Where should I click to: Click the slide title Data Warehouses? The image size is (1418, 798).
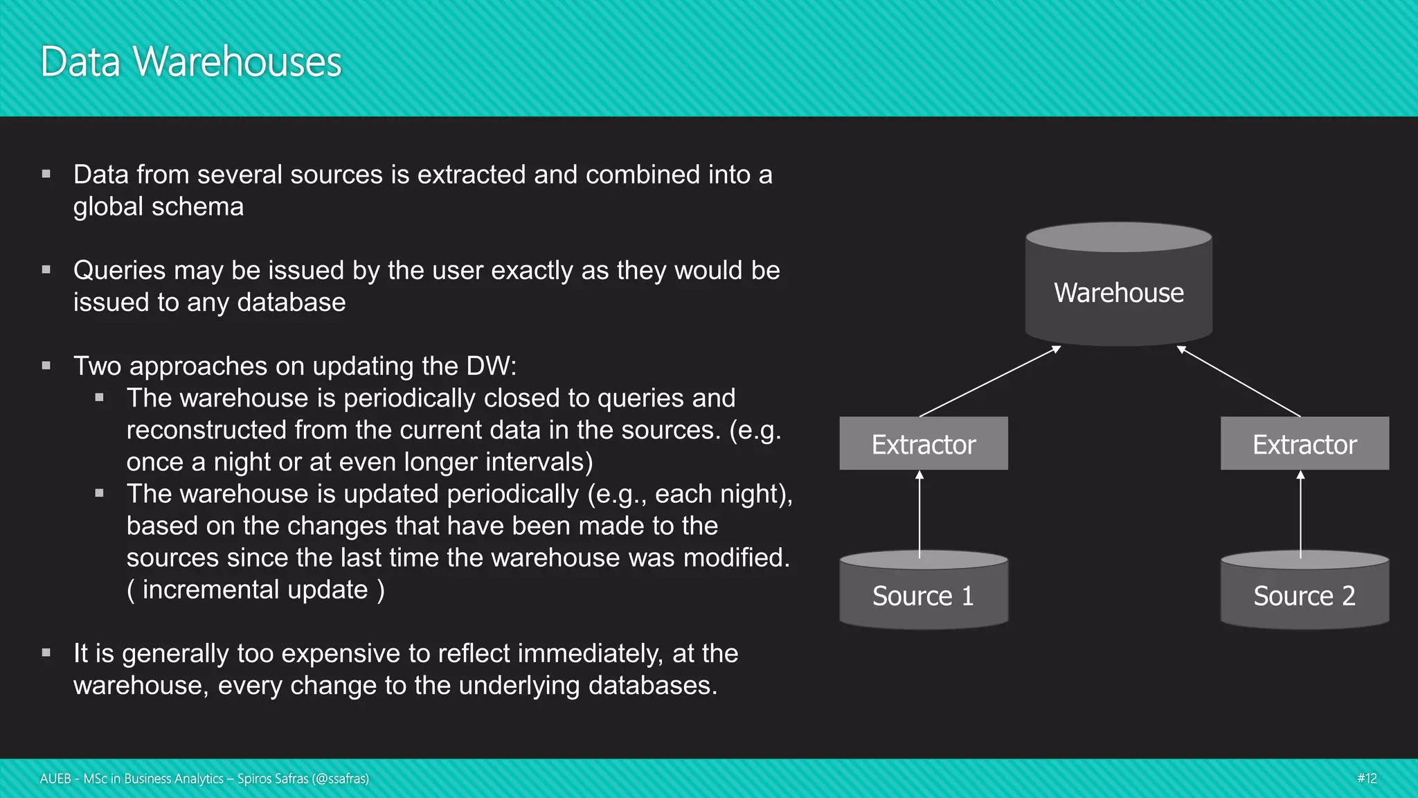(191, 62)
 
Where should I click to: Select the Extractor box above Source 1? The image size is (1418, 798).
(924, 444)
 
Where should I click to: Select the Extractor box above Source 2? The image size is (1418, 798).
(1304, 444)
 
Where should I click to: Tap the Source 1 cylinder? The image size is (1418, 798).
(923, 595)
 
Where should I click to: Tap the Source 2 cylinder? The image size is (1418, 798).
(1304, 595)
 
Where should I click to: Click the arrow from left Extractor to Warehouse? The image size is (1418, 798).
(990, 381)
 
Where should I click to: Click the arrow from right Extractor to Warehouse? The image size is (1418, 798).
(1239, 381)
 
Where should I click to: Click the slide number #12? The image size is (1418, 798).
(1367, 779)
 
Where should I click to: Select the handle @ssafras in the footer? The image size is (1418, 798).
(340, 779)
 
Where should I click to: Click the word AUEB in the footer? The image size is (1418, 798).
(55, 779)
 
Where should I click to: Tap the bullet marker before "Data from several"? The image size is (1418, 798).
(46, 175)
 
